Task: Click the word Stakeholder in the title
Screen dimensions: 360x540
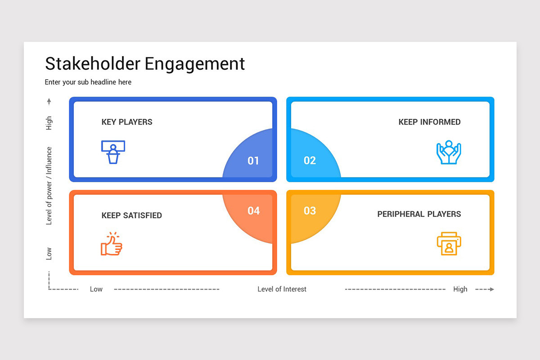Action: pyautogui.click(x=93, y=63)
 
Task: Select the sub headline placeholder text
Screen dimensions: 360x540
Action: pyautogui.click(x=88, y=82)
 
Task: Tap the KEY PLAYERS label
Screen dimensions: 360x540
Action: pyautogui.click(x=127, y=122)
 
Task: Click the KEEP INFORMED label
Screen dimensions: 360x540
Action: pyautogui.click(x=429, y=122)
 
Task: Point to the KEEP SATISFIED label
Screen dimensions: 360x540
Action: pyautogui.click(x=131, y=216)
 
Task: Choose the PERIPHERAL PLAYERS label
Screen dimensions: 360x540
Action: pyautogui.click(x=419, y=214)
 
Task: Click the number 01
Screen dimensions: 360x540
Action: pyautogui.click(x=253, y=161)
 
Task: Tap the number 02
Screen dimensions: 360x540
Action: pyautogui.click(x=310, y=161)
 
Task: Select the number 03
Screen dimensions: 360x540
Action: pyautogui.click(x=310, y=211)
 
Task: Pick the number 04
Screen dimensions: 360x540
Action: pyautogui.click(x=253, y=211)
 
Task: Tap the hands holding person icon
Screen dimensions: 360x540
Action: pyautogui.click(x=449, y=152)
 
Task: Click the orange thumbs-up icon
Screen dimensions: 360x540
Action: pyautogui.click(x=112, y=244)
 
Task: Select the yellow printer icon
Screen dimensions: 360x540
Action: pyautogui.click(x=449, y=244)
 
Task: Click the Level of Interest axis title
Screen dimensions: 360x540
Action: pyautogui.click(x=282, y=289)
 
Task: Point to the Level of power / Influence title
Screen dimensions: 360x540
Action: pyautogui.click(x=49, y=186)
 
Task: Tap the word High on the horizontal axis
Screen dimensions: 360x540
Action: pyautogui.click(x=460, y=289)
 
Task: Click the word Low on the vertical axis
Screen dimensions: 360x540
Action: pyautogui.click(x=49, y=253)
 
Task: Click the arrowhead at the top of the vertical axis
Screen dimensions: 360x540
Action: pyautogui.click(x=49, y=101)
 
